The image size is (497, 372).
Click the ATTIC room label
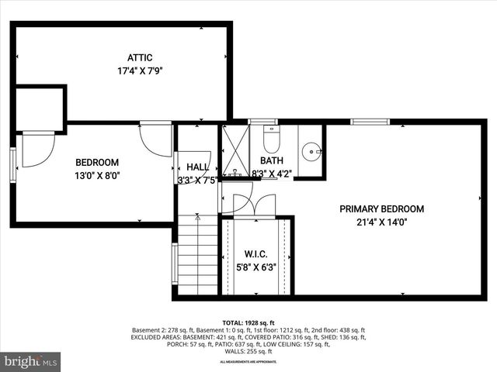tap(140, 57)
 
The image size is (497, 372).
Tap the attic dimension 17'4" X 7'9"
tap(140, 71)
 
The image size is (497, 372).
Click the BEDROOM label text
tap(97, 162)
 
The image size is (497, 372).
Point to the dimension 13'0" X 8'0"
tap(97, 175)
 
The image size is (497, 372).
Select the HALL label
tap(197, 167)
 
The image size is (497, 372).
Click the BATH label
tap(271, 161)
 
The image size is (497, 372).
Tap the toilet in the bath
tap(271, 139)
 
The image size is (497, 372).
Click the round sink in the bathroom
tap(312, 150)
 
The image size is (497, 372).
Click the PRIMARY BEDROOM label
tap(381, 208)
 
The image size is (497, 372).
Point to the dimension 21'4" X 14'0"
tap(381, 222)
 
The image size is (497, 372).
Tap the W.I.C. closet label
tap(255, 254)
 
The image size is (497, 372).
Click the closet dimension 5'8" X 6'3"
tap(255, 268)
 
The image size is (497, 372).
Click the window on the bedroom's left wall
tap(12, 165)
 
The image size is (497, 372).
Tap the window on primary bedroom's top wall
tap(369, 122)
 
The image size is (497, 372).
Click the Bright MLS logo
tap(31, 362)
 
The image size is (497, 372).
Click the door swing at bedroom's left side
tap(37, 149)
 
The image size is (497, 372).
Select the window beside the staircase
tap(175, 263)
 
